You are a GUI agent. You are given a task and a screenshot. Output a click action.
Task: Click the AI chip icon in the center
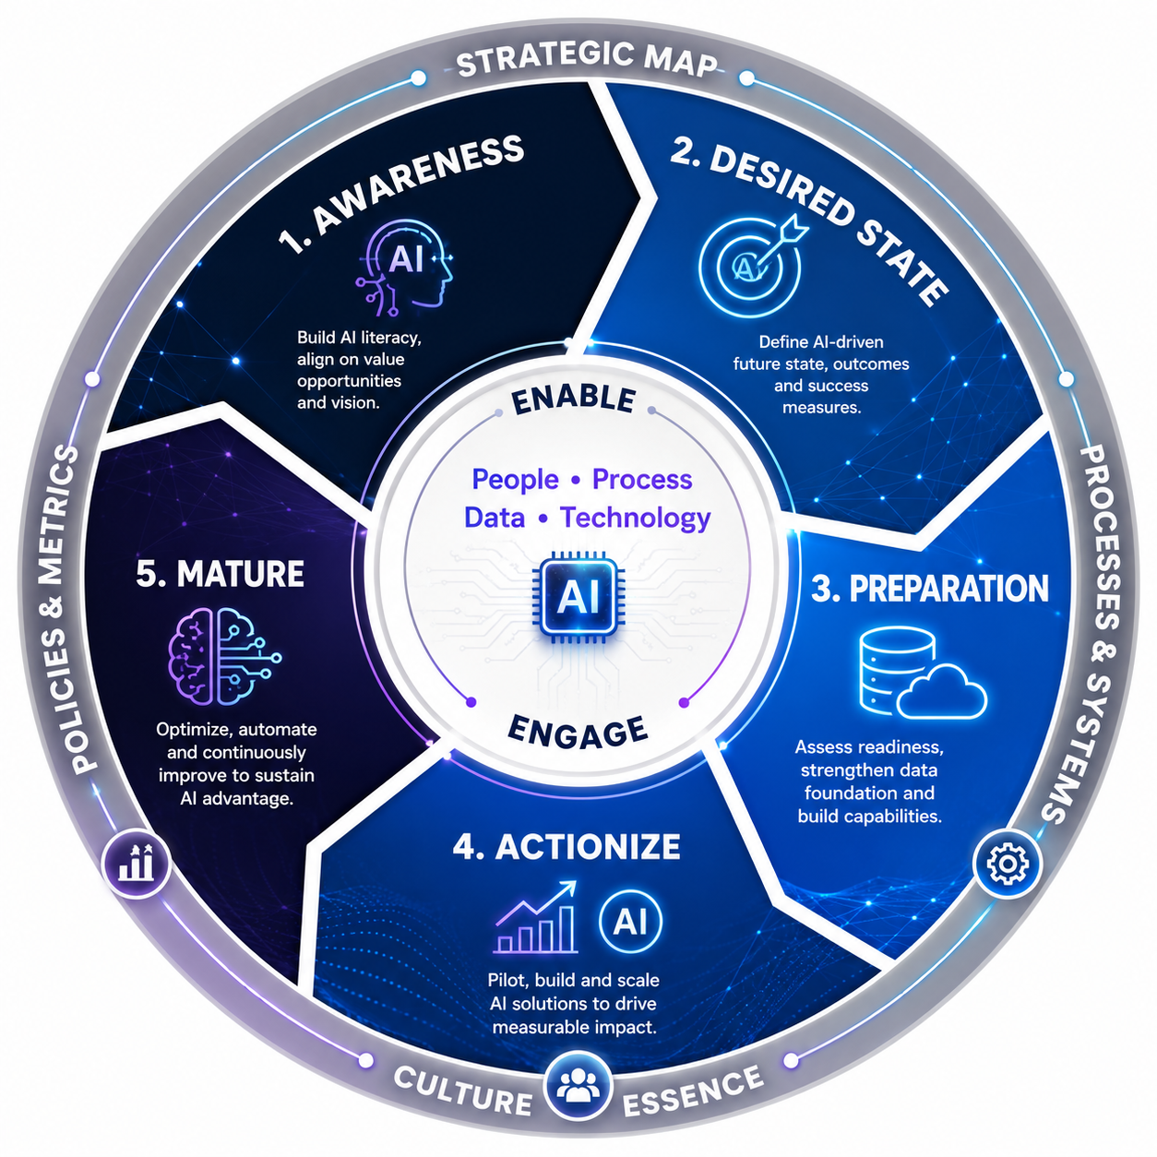578,597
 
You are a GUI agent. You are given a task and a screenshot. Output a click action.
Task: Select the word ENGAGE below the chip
578,734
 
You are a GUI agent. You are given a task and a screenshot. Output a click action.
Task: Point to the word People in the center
515,480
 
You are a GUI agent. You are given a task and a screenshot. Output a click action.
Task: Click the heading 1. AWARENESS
401,194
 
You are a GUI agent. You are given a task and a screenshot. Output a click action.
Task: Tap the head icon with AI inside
405,268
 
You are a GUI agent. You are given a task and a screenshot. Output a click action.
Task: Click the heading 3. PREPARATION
930,589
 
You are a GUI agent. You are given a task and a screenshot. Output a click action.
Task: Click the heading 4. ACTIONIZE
567,847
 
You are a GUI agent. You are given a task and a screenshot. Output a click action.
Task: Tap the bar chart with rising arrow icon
535,917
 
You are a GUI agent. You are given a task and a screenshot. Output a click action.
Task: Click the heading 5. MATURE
220,574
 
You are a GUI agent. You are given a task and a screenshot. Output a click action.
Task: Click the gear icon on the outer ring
1008,864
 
